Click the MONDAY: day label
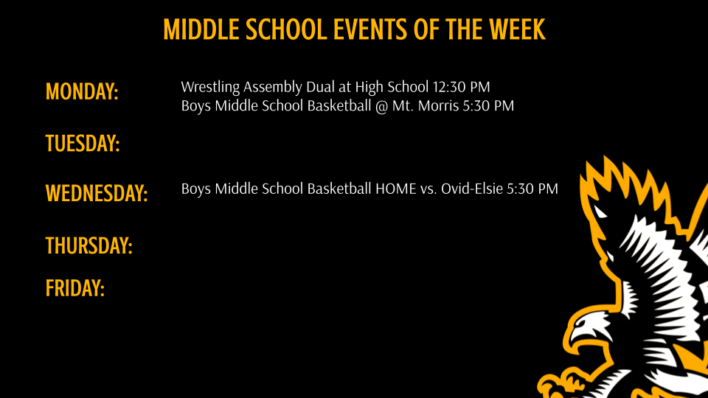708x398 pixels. pyautogui.click(x=82, y=92)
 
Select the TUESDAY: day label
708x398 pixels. pyautogui.click(x=83, y=143)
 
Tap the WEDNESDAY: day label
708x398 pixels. pyautogui.click(x=97, y=194)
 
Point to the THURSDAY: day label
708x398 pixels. pyautogui.click(x=88, y=245)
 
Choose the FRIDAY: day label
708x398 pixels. pyautogui.click(x=75, y=287)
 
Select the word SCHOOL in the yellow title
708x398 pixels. pyautogui.click(x=282, y=29)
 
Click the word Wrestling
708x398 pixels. pyautogui.click(x=210, y=87)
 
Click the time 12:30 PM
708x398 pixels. pyautogui.click(x=462, y=87)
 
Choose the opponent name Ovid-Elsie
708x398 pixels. pyautogui.click(x=471, y=189)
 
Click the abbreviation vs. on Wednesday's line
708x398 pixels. pyautogui.click(x=428, y=189)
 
